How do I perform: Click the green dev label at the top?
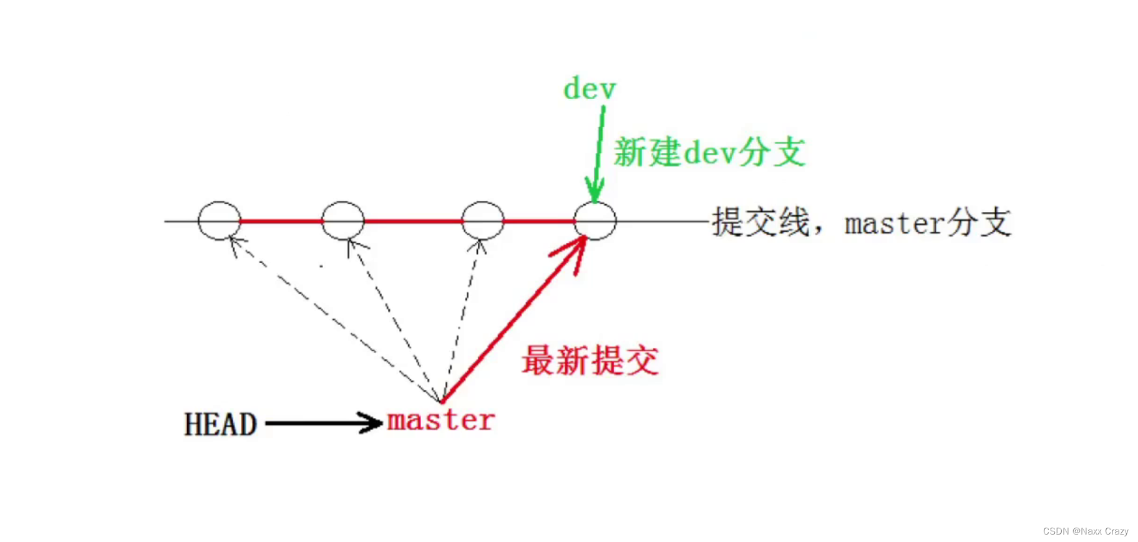point(589,89)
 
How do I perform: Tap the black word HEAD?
point(220,424)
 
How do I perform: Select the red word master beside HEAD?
point(440,420)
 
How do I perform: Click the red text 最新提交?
point(590,361)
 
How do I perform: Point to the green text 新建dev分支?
point(709,152)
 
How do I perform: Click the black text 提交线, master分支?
point(861,222)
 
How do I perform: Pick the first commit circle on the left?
point(220,221)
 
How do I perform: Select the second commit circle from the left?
point(343,221)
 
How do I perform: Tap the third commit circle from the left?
point(483,221)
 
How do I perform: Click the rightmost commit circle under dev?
point(595,221)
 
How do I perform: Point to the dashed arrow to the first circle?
point(331,318)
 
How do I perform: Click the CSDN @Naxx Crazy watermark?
point(1086,531)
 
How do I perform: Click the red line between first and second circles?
point(281,221)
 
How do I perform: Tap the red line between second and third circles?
point(413,221)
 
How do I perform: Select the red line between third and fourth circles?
point(539,221)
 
